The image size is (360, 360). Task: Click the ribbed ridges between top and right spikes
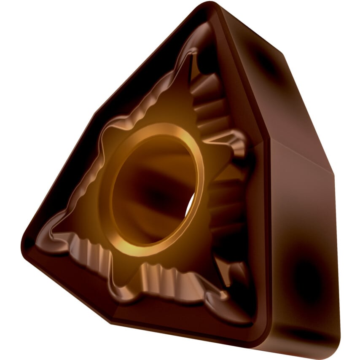tap(211, 105)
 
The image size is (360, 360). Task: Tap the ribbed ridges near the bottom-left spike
tap(91, 257)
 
